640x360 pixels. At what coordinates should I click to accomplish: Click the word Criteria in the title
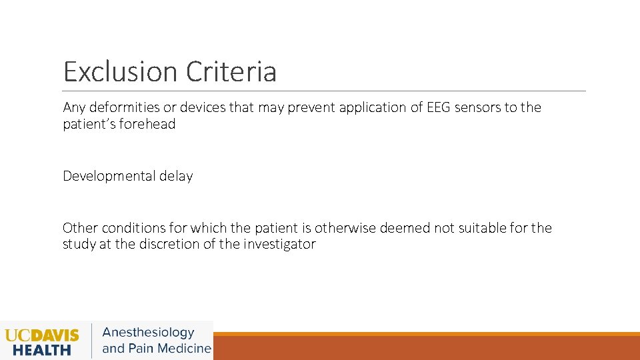click(232, 72)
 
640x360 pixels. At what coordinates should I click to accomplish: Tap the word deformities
click(125, 107)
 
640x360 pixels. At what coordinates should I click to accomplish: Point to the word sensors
click(478, 107)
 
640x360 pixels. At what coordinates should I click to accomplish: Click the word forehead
click(147, 124)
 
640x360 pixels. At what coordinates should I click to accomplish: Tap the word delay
click(176, 176)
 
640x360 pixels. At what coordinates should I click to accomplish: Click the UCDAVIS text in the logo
click(42, 334)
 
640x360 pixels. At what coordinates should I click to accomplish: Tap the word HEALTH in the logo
click(42, 349)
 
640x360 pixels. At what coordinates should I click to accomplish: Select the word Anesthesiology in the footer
click(148, 332)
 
